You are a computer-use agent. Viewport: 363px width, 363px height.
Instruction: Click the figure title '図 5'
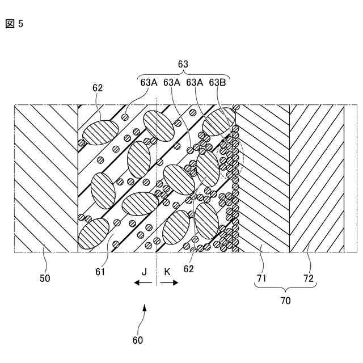tap(14, 24)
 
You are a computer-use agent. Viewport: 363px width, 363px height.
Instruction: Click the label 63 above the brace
tap(183, 65)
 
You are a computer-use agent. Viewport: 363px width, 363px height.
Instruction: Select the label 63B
tap(218, 82)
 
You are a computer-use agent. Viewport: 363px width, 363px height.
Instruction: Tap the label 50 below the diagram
tap(44, 278)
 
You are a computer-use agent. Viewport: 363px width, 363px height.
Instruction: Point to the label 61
tap(100, 272)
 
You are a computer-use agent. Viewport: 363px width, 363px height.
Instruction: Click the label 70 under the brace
tap(285, 301)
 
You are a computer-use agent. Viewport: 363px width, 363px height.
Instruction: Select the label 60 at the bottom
tap(138, 340)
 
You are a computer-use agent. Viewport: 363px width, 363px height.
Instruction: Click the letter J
tap(144, 272)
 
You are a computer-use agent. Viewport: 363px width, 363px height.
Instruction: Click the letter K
tap(167, 272)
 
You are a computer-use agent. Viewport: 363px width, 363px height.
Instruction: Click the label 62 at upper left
tap(97, 88)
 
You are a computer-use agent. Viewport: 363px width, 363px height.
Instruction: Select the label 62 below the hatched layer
tap(189, 269)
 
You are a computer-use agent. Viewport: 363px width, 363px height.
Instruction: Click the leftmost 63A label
tap(149, 82)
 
